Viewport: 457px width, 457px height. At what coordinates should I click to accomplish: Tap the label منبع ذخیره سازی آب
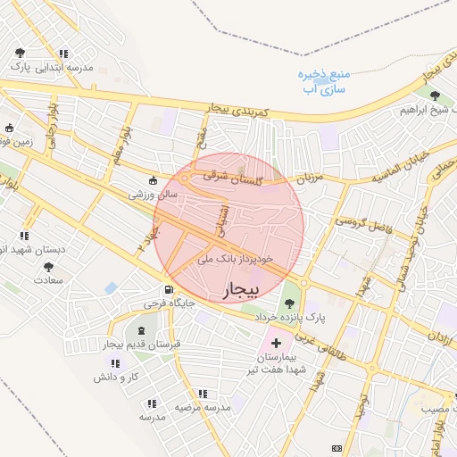(x=323, y=80)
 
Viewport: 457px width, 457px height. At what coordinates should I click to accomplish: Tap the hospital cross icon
(x=276, y=343)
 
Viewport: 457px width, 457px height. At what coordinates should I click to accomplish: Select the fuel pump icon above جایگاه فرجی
(x=167, y=290)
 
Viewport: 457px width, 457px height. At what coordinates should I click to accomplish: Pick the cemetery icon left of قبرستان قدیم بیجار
(x=141, y=332)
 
